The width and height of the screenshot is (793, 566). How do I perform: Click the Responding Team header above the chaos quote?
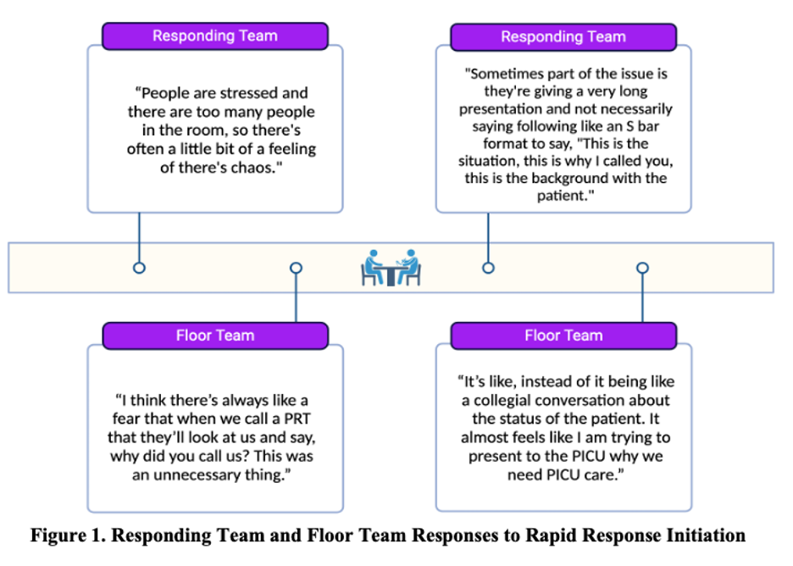pos(215,36)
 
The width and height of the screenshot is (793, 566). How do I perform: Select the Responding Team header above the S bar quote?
pos(563,37)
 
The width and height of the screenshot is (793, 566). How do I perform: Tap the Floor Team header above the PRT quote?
pos(215,336)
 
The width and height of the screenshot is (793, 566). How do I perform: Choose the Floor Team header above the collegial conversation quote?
pos(563,336)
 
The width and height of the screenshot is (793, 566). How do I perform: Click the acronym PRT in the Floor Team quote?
pos(297,419)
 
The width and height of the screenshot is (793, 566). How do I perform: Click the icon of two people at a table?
pos(391,268)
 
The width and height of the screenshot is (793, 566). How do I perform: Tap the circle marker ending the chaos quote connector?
pos(139,268)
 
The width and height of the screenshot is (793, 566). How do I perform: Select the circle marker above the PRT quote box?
pos(297,268)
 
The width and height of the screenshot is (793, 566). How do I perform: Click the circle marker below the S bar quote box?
pos(488,268)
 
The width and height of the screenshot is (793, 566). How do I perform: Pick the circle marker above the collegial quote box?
pos(642,268)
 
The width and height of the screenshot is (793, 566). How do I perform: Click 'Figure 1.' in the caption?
pos(69,535)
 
